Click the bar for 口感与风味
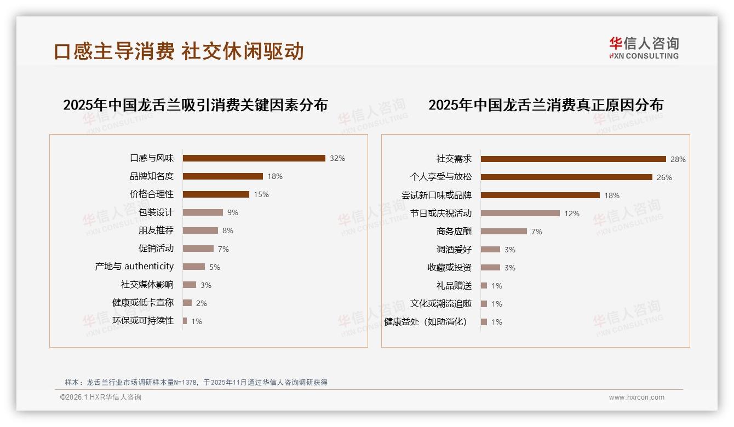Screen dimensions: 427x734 coord(254,158)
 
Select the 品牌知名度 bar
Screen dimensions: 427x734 coord(222,176)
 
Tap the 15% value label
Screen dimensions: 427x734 coord(261,194)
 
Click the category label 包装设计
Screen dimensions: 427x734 coord(156,212)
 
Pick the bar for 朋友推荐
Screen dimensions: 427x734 coord(200,230)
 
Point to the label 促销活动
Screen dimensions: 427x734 coord(156,249)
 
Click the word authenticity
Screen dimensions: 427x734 coord(149,267)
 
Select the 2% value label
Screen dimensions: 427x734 coord(201,303)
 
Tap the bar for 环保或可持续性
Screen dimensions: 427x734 coord(185,321)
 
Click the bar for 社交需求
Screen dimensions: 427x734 coord(573,159)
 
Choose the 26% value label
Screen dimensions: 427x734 coord(664,177)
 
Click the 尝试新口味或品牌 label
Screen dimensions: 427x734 coord(437,195)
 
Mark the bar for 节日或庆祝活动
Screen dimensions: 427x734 coord(520,214)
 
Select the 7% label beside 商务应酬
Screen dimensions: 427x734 coord(536,232)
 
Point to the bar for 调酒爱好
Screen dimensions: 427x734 coord(490,250)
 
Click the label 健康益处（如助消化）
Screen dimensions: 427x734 coord(426,322)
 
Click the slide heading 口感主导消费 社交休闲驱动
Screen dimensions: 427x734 coord(179,51)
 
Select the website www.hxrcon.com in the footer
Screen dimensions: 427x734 coord(636,397)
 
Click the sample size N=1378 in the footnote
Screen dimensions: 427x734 coord(181,383)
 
